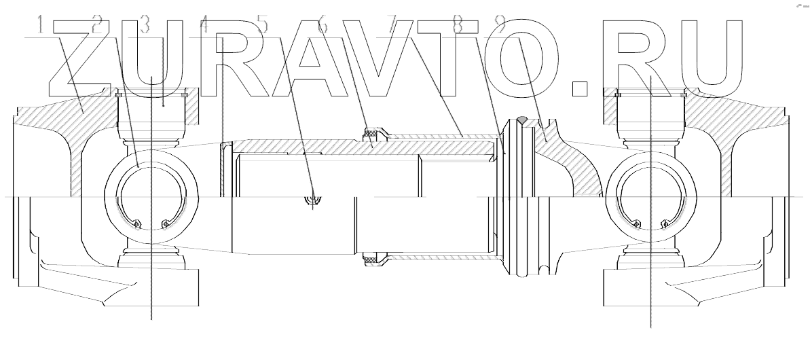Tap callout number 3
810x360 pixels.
143,26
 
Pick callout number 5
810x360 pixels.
263,26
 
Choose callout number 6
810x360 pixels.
322,26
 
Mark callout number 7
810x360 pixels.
391,26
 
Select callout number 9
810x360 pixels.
500,26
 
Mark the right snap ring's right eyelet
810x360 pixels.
663,221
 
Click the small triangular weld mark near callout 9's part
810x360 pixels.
520,120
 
